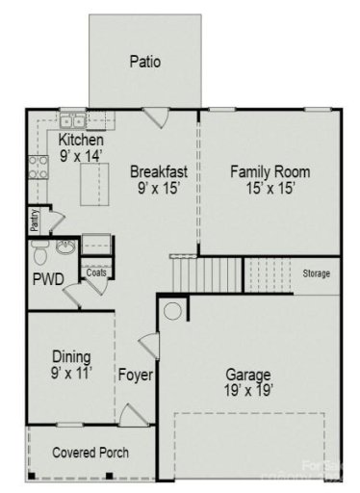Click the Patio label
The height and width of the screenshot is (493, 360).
coord(145,62)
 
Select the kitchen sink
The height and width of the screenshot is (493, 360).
coord(72,121)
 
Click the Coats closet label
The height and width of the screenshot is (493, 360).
coord(96,272)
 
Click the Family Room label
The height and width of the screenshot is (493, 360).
coord(270,172)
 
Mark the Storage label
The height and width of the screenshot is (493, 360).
coord(316,274)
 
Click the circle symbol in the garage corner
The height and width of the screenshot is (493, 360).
coord(172,312)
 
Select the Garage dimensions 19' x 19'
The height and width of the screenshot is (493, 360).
coord(248,392)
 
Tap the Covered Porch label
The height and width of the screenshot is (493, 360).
coord(90,453)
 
